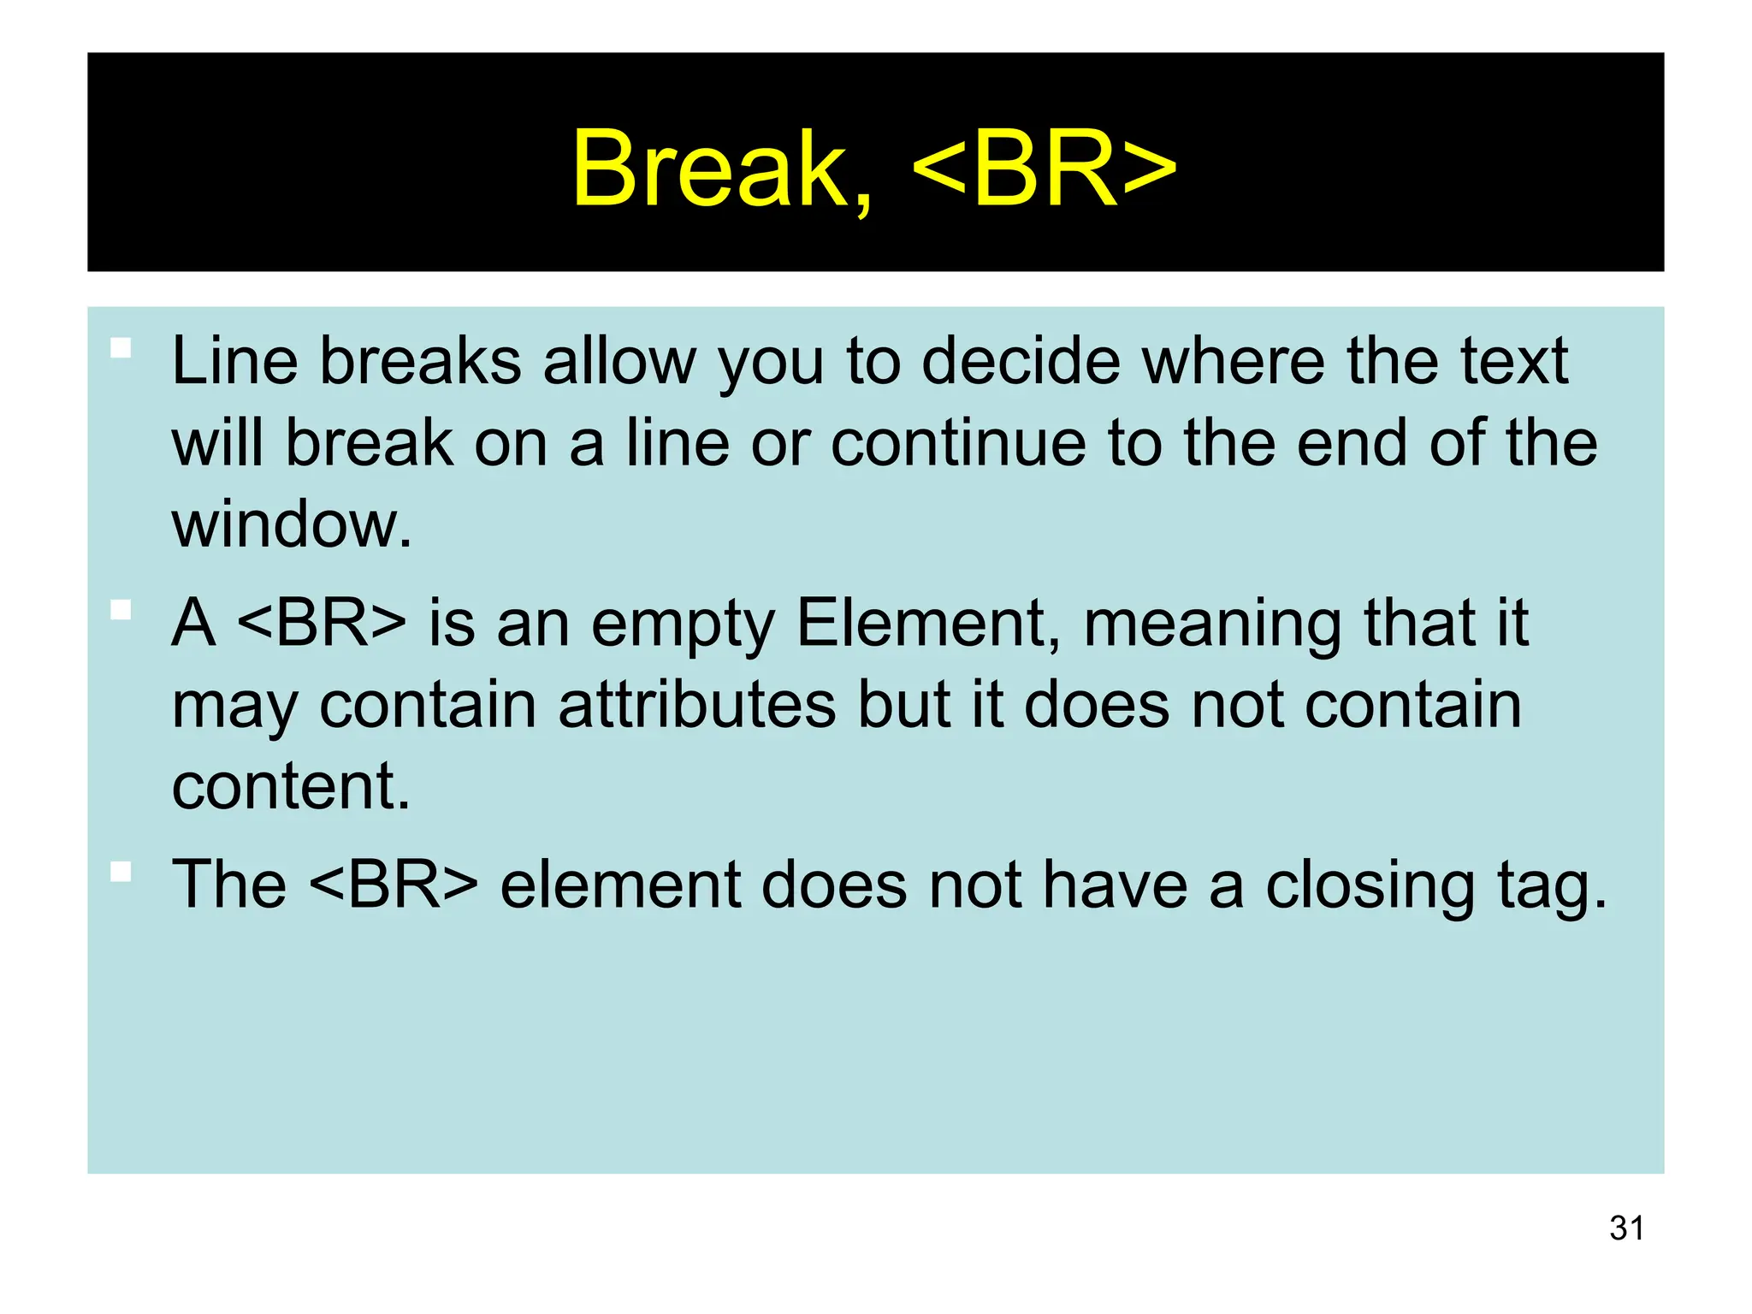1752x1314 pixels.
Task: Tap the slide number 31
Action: [1626, 1228]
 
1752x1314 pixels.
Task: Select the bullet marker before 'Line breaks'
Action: [121, 348]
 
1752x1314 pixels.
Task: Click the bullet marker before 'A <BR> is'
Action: [121, 610]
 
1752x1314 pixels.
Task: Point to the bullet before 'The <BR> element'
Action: [121, 872]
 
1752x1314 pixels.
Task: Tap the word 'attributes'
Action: [696, 706]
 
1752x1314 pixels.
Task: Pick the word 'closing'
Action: [1370, 885]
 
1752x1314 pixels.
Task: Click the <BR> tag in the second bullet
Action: [321, 624]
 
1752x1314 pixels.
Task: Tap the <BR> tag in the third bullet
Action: [393, 885]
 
